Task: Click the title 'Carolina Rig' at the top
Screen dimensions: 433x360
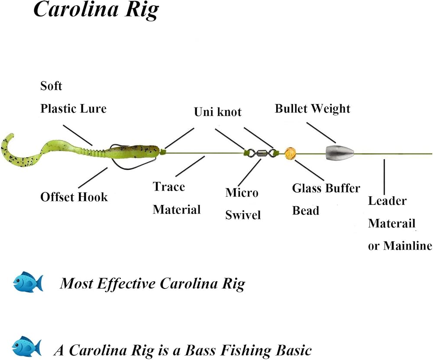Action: (x=96, y=10)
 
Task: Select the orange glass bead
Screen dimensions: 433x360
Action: (x=290, y=154)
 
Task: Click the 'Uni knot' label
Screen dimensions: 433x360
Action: (x=218, y=112)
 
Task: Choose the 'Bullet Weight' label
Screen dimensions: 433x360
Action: (x=313, y=108)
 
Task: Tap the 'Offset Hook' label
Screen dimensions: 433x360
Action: (x=74, y=197)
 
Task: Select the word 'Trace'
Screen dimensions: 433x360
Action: (x=169, y=187)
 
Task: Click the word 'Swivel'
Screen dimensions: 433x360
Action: (x=243, y=215)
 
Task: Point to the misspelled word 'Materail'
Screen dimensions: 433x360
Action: (x=391, y=223)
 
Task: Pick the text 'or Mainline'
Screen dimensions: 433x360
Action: (x=400, y=246)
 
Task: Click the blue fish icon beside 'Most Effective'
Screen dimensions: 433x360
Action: (x=28, y=282)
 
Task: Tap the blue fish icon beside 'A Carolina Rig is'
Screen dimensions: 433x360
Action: (x=27, y=347)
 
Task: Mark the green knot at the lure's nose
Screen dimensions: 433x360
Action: (x=162, y=151)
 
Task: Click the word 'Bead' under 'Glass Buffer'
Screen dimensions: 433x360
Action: (x=306, y=211)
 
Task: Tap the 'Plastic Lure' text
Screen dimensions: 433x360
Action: (x=74, y=108)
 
